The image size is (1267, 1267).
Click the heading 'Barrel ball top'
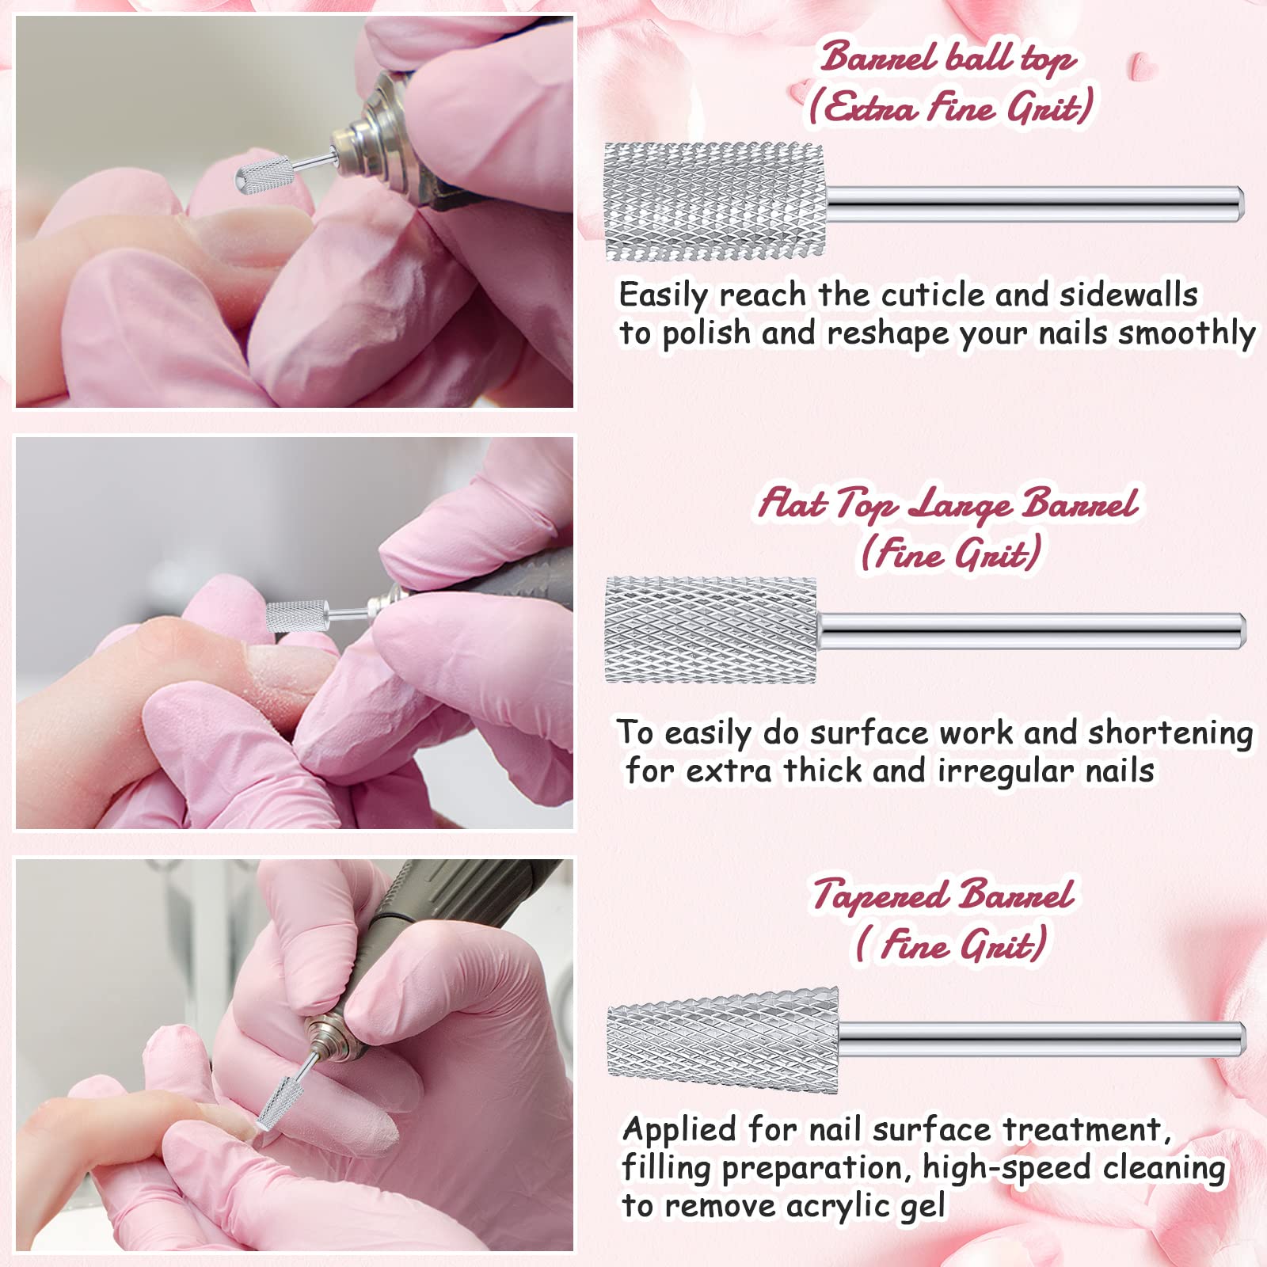pyautogui.click(x=948, y=58)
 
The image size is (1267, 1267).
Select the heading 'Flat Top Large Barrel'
pyautogui.click(x=949, y=504)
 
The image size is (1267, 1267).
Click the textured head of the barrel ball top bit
pyautogui.click(x=714, y=202)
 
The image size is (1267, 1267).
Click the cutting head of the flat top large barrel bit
pyautogui.click(x=710, y=631)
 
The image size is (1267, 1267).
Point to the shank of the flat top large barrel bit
pyautogui.click(x=1032, y=631)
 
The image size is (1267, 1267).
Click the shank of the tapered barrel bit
pyautogui.click(x=1042, y=1041)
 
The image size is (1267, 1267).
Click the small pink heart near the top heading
pyautogui.click(x=1140, y=65)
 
